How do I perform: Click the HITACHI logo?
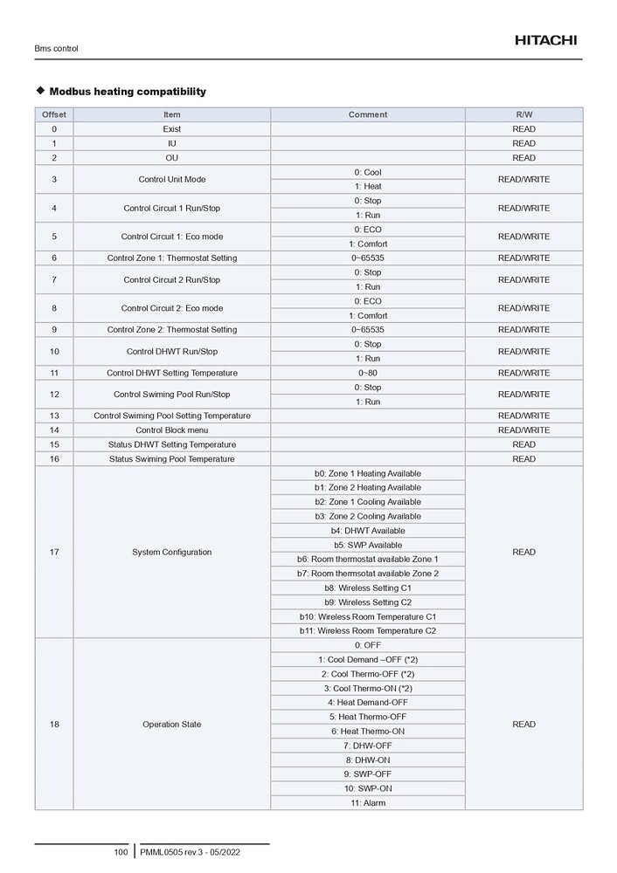pos(545,40)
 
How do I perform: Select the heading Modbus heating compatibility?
pos(128,92)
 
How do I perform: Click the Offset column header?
pos(54,114)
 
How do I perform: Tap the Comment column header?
pos(367,114)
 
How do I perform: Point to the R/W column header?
pos(523,114)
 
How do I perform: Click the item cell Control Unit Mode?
pos(172,179)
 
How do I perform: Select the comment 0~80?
pos(367,373)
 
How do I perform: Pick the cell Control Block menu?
pos(172,430)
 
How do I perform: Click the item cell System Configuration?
pos(172,552)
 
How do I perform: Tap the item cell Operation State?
pos(172,725)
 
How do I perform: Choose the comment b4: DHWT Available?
pos(367,531)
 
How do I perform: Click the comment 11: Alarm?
pos(367,803)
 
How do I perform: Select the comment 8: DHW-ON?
pos(367,760)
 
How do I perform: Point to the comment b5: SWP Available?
pos(367,545)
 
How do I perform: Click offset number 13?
pos(54,416)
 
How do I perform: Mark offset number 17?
pos(54,552)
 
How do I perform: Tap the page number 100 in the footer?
pos(121,852)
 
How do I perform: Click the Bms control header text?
pos(56,49)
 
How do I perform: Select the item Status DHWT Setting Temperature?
pos(172,444)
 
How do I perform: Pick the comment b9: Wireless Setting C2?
pos(367,602)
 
